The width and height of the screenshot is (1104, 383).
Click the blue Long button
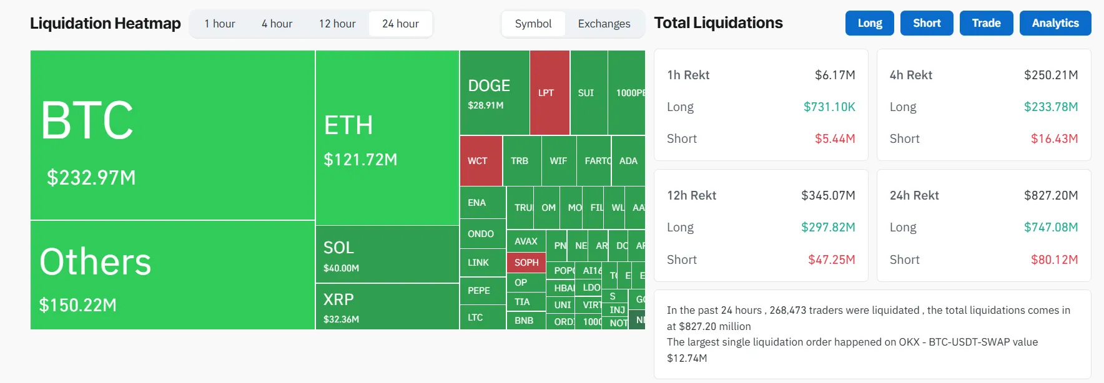pyautogui.click(x=869, y=23)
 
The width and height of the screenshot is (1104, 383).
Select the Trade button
pyautogui.click(x=986, y=23)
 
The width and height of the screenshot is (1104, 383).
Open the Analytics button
pyautogui.click(x=1055, y=23)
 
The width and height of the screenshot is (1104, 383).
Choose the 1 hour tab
pyautogui.click(x=220, y=24)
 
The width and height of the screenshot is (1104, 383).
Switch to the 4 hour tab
pyautogui.click(x=277, y=24)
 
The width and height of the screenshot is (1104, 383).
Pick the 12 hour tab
pyautogui.click(x=337, y=24)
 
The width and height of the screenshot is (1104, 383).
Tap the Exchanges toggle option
pyautogui.click(x=604, y=24)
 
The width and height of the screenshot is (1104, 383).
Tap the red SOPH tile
pyautogui.click(x=526, y=263)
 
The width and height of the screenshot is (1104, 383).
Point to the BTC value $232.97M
pyautogui.click(x=91, y=178)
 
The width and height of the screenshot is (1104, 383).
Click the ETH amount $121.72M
pyautogui.click(x=360, y=160)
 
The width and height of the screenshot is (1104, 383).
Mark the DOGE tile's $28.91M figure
pyautogui.click(x=486, y=105)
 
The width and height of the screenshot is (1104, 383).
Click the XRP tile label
pyautogui.click(x=338, y=299)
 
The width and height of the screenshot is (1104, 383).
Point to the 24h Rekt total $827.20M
pyautogui.click(x=1050, y=195)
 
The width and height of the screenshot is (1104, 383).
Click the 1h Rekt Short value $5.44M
pyautogui.click(x=834, y=138)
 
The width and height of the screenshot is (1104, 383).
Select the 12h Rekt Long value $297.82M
pyautogui.click(x=828, y=227)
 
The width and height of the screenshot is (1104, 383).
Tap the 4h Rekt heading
pyautogui.click(x=910, y=75)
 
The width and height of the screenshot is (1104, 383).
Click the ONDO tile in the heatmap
pyautogui.click(x=481, y=234)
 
